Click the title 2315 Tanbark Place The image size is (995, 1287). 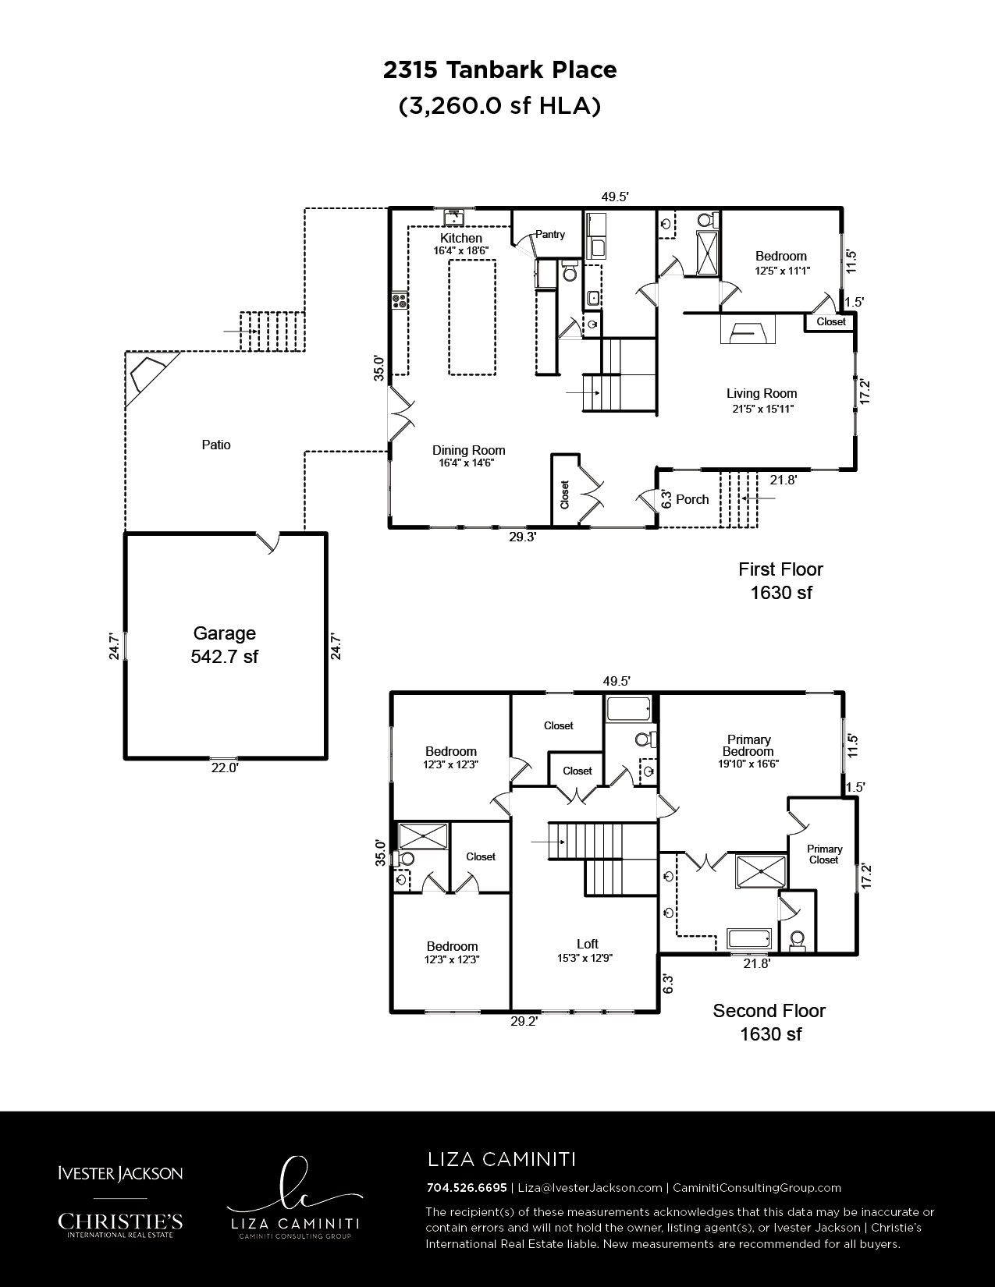[499, 70]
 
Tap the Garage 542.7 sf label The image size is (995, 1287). [224, 645]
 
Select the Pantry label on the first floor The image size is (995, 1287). [550, 235]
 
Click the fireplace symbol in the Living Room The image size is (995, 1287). [748, 328]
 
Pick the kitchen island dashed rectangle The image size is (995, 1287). [471, 317]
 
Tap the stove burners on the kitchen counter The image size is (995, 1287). [400, 301]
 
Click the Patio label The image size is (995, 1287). [215, 445]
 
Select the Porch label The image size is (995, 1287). [692, 499]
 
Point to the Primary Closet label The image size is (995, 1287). [824, 854]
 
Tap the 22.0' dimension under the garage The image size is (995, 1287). [225, 768]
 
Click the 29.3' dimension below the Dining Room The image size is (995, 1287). [523, 537]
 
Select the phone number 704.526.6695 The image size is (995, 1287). [467, 1187]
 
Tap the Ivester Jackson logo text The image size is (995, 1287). [120, 1173]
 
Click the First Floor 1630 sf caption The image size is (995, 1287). [780, 581]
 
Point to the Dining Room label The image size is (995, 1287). [468, 456]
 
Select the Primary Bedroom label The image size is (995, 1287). [748, 751]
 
